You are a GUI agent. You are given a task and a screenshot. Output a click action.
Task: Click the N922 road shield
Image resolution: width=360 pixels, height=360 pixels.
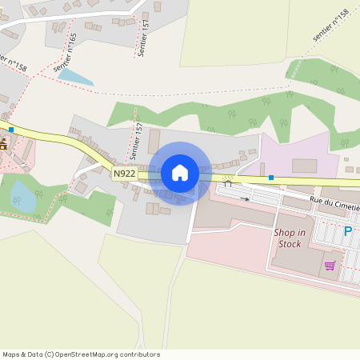coord(124,173)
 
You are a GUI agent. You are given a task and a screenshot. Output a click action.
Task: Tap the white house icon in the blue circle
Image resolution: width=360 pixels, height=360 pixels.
coord(180,173)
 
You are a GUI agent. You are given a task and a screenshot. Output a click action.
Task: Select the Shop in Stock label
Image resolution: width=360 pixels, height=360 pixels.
coord(289,238)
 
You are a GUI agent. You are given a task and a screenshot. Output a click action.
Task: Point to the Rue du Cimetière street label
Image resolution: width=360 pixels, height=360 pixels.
coord(334,203)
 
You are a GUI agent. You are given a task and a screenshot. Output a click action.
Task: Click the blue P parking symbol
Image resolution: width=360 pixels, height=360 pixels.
coord(347,231)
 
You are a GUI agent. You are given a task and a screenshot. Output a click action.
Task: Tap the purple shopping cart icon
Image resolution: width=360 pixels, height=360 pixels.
coord(330,266)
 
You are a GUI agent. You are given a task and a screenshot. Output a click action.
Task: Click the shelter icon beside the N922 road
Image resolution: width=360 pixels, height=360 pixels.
coord(228,182)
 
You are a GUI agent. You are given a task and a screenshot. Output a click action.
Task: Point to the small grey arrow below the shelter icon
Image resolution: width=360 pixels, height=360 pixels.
coord(245,198)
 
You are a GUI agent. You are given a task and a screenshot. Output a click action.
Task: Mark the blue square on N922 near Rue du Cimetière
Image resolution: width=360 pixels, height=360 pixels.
coord(271,177)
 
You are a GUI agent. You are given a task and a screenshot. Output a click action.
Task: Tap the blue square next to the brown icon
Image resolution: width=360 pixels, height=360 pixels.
coord(11,129)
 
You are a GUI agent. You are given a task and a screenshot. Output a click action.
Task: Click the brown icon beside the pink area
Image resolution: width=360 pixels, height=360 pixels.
coord(3,144)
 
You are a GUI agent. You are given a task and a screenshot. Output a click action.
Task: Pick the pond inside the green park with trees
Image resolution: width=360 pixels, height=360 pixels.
coord(23,196)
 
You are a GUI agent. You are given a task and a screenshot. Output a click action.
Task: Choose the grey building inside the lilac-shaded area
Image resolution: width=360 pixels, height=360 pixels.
coord(304,166)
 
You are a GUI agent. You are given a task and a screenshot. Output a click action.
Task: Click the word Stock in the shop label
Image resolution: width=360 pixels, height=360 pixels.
coord(290,244)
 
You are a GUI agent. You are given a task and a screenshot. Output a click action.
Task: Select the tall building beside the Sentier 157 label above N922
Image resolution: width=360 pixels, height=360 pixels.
coord(154,141)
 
